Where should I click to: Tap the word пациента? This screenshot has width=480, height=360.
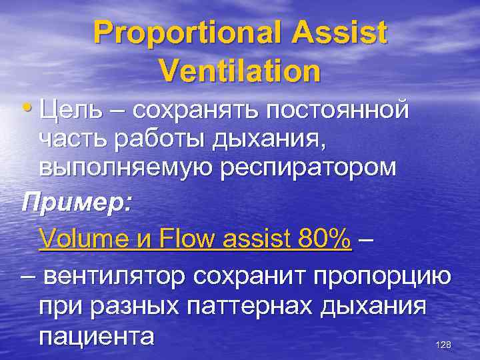(x=97, y=335)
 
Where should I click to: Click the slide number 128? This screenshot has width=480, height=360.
(x=442, y=345)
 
